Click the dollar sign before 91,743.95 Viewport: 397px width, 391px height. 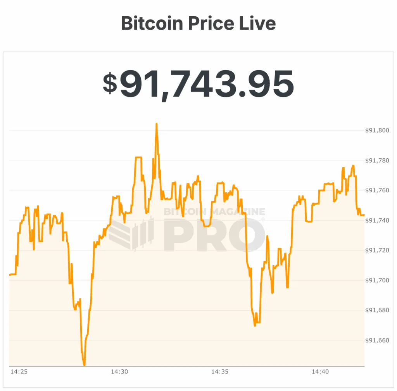click(110, 83)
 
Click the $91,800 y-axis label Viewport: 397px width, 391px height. click(377, 130)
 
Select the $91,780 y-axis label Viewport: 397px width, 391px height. click(377, 160)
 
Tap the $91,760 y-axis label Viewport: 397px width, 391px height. click(377, 190)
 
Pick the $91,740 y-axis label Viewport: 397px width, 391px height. click(377, 220)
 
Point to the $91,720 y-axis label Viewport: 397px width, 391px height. click(377, 250)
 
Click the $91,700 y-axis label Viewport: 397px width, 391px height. click(377, 280)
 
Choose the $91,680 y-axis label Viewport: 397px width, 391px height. click(377, 310)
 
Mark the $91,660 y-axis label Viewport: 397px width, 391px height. click(377, 340)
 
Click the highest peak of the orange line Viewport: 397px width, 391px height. click(156, 124)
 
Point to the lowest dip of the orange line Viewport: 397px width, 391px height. click(84, 365)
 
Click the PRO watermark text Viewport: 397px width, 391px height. click(214, 235)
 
